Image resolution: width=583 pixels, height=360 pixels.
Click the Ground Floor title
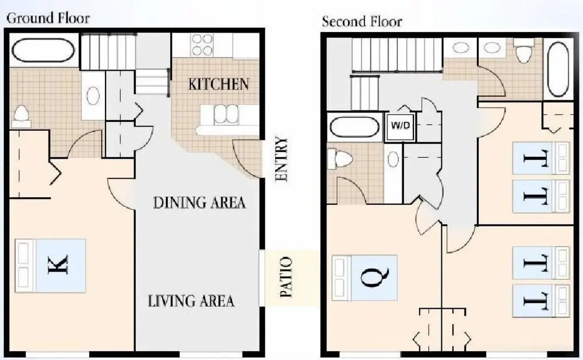click(48, 18)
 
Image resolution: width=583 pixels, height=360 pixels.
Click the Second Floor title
click(362, 22)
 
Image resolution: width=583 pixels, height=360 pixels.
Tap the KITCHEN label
click(219, 84)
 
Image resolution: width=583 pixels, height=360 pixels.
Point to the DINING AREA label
click(199, 202)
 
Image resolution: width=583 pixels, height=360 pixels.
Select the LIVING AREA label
click(191, 301)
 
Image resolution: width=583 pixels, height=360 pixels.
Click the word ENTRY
click(282, 159)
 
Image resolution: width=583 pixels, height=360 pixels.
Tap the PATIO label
click(286, 277)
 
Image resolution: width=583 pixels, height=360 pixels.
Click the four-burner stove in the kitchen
click(202, 44)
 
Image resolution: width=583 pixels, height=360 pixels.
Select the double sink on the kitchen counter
click(226, 114)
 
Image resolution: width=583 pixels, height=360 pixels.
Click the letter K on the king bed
click(58, 265)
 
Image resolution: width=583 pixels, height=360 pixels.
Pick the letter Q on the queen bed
click(375, 277)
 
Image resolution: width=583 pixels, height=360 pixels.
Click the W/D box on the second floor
click(401, 125)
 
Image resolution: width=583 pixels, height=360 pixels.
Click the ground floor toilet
click(21, 116)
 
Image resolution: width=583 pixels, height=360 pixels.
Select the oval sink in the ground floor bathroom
click(93, 96)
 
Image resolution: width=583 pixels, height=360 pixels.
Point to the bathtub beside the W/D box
click(354, 127)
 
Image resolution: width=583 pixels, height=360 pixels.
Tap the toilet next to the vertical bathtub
click(524, 53)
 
